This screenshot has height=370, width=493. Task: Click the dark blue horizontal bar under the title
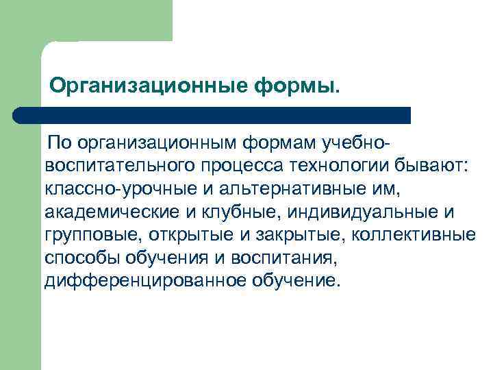212,115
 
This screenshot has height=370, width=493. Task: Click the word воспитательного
119,166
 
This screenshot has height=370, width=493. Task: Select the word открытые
179,236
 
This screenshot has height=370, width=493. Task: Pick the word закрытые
281,236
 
